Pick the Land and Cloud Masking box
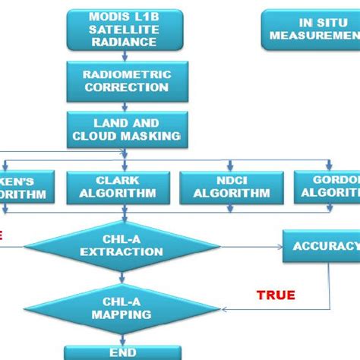[x=126, y=129]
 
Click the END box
[x=122, y=352]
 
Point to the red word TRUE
[x=276, y=295]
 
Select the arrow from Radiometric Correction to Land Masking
[x=126, y=106]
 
